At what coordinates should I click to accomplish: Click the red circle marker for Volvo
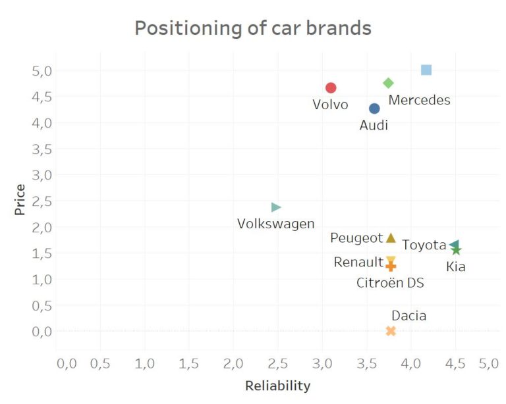331,88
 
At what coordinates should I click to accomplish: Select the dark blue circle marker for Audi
374,109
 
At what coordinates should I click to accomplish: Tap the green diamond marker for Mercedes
388,83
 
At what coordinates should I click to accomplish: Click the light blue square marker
426,70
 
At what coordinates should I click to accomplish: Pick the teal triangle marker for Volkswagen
276,207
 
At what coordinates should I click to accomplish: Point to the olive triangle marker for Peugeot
391,238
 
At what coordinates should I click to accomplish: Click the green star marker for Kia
456,250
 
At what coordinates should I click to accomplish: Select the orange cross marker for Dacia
391,330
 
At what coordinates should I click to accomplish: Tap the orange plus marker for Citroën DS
391,266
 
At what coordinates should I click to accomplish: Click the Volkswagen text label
275,224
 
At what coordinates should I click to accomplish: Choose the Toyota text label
424,245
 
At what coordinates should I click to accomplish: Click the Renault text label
358,262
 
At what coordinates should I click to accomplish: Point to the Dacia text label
408,316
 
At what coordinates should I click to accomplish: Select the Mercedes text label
419,100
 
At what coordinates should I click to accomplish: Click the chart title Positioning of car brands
253,28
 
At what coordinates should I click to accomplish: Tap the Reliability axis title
277,386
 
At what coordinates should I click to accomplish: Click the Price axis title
20,200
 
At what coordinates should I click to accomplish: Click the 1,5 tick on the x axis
188,363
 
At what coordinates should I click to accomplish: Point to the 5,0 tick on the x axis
488,363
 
